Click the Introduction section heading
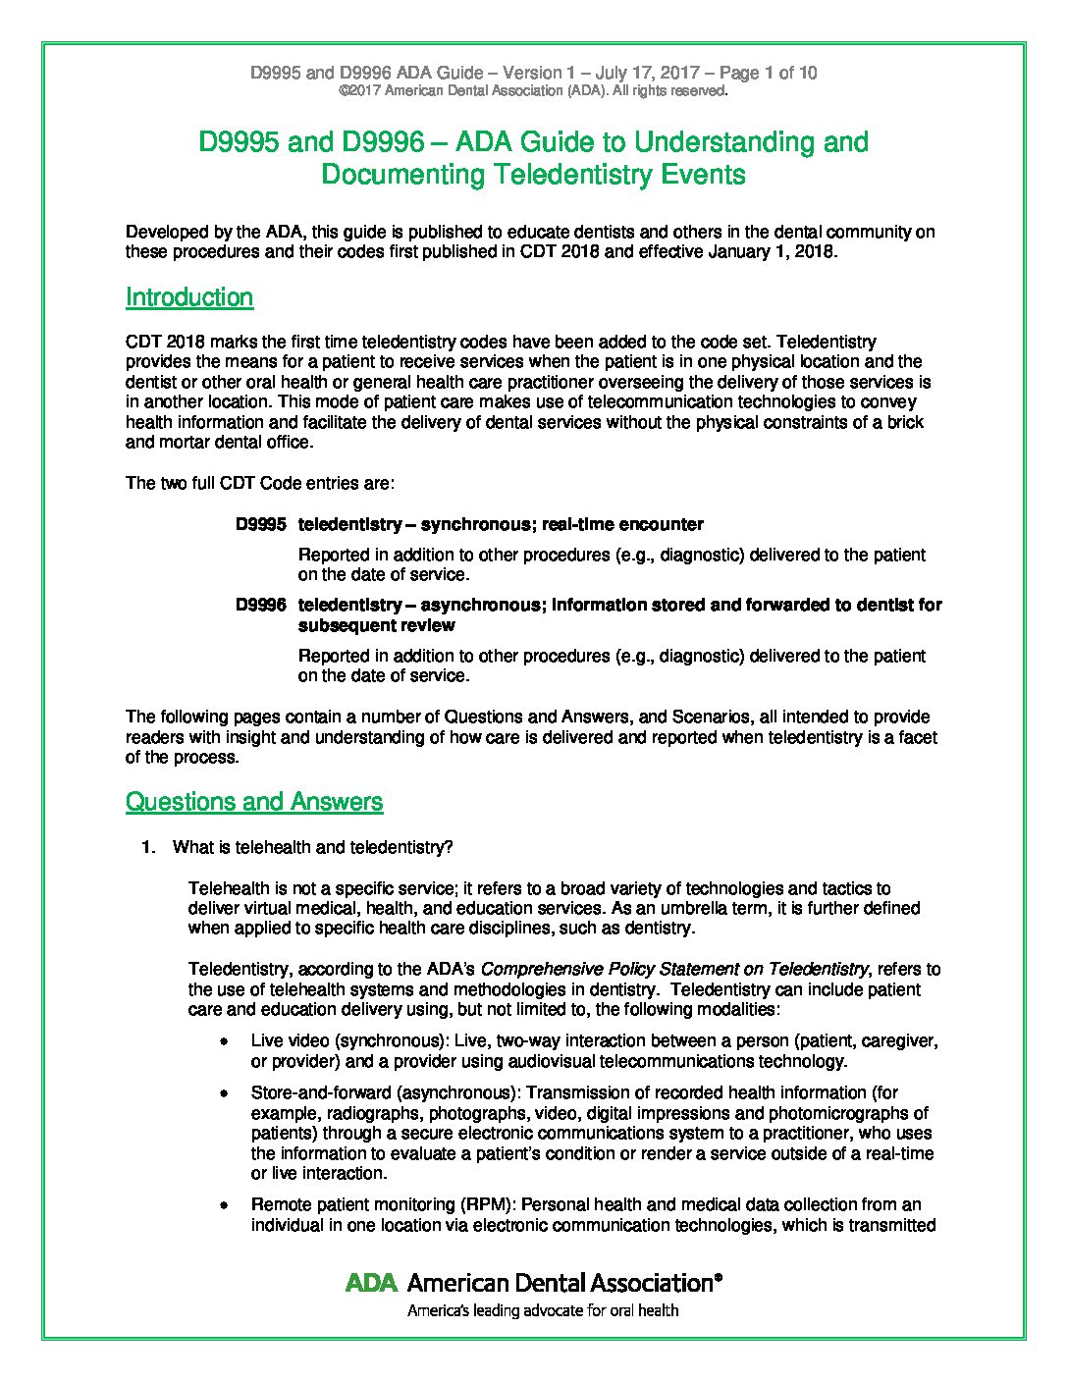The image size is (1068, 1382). pyautogui.click(x=189, y=297)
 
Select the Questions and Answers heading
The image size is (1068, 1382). pyautogui.click(x=254, y=802)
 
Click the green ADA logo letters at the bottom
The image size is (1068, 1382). pyautogui.click(x=371, y=1282)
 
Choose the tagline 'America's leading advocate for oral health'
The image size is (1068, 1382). pyautogui.click(x=543, y=1310)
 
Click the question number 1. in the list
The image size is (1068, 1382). pyautogui.click(x=148, y=848)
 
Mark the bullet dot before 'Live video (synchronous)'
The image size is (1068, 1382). pyautogui.click(x=225, y=1041)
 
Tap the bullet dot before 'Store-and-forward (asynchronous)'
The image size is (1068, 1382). pyautogui.click(x=225, y=1093)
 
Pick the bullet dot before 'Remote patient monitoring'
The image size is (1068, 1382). pyautogui.click(x=225, y=1205)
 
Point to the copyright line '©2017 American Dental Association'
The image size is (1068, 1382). pyautogui.click(x=533, y=91)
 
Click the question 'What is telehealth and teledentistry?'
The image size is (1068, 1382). pyautogui.click(x=312, y=848)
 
